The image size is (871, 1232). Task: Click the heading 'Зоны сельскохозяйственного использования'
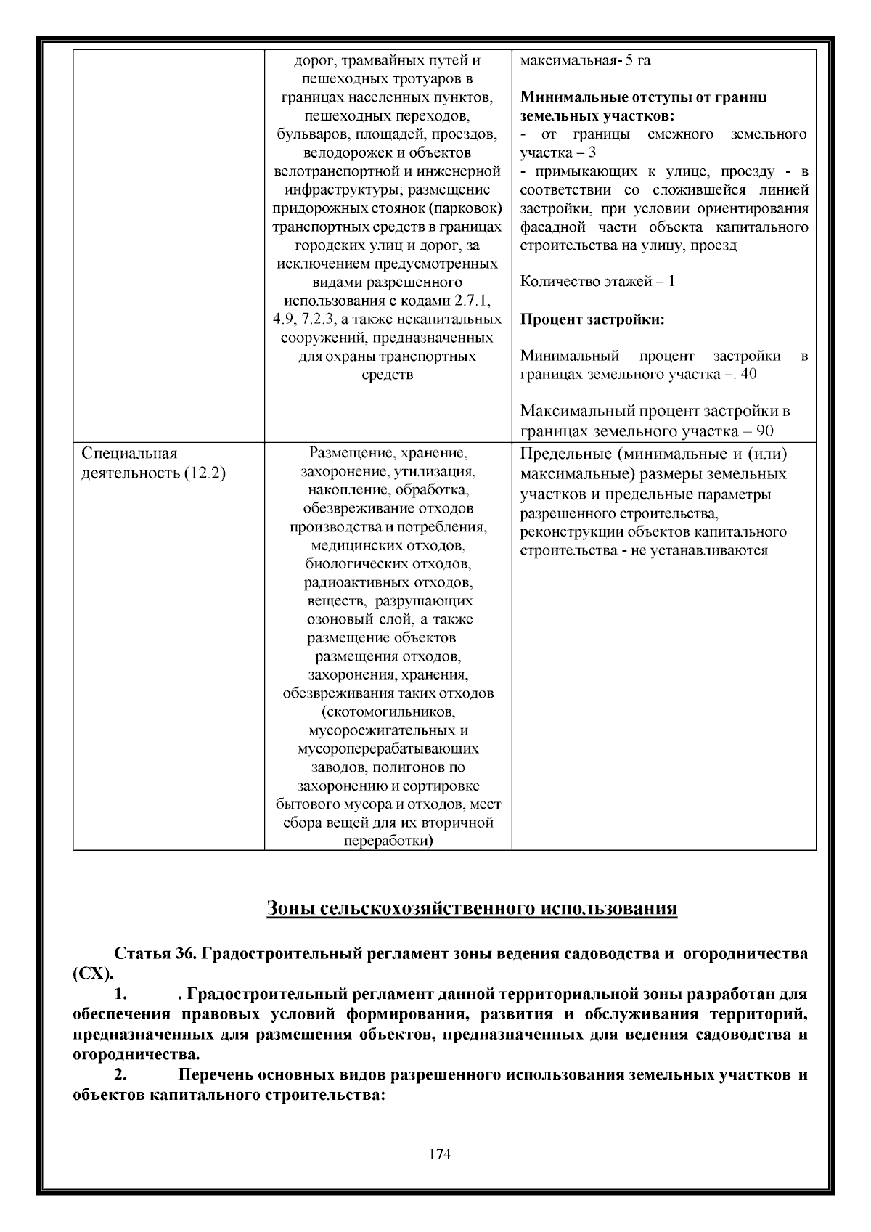click(472, 908)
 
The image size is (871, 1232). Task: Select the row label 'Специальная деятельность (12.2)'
click(153, 463)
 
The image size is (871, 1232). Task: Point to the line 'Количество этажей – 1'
click(597, 282)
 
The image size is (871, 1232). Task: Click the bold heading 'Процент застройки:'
click(592, 319)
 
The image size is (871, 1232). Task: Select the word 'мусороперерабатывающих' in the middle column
click(388, 748)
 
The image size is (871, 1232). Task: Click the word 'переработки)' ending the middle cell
click(388, 841)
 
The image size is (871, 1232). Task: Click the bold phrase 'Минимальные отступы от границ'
click(643, 97)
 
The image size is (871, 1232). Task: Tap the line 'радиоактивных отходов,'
click(388, 582)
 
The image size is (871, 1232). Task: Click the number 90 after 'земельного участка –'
click(764, 431)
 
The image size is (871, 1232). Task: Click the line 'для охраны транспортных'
click(388, 356)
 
